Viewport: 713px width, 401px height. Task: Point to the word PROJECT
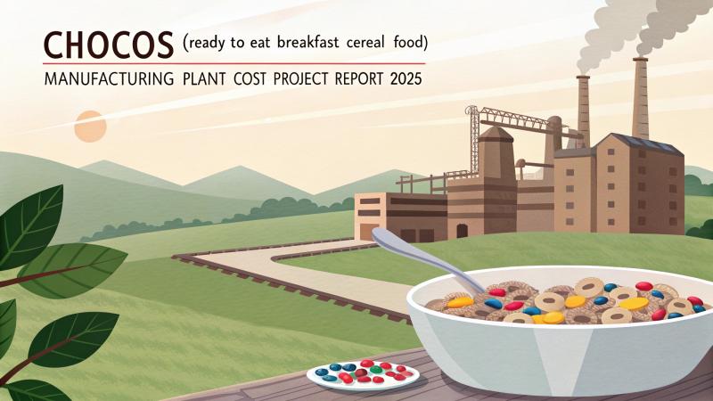pos(303,78)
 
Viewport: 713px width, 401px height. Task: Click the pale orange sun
pos(90,126)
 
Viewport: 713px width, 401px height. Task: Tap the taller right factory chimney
pos(640,98)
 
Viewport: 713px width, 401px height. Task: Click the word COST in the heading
pos(242,78)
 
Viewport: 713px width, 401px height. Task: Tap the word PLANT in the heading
pos(199,78)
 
